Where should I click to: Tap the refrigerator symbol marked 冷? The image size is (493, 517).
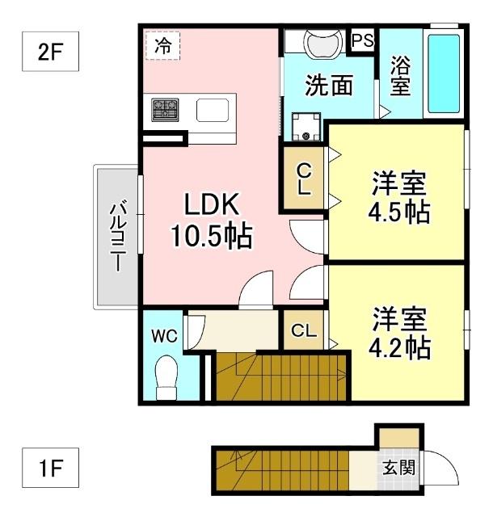click(162, 46)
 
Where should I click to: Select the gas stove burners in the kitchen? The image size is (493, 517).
click(166, 108)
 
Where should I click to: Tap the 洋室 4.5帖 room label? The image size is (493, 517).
click(399, 198)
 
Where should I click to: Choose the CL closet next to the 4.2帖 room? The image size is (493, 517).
click(304, 330)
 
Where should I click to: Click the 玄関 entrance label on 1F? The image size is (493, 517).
click(398, 468)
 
